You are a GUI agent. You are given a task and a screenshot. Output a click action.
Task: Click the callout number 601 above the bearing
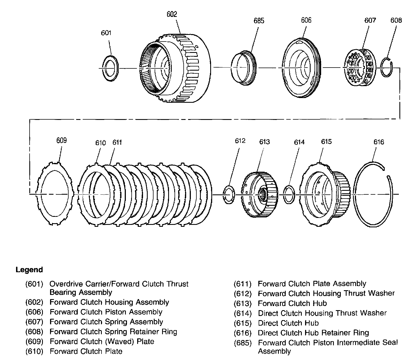(x=106, y=33)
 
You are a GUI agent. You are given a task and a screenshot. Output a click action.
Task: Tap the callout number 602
(x=171, y=14)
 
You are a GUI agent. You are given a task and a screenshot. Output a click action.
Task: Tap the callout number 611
(x=117, y=142)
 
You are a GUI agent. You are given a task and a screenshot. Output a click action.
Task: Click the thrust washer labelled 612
(x=229, y=195)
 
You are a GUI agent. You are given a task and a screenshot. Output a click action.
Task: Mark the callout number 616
(x=379, y=142)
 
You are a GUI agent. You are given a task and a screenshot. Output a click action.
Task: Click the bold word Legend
(x=29, y=270)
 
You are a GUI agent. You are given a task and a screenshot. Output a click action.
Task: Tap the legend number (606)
(x=34, y=312)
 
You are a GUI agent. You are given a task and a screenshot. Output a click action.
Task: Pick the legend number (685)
(x=243, y=343)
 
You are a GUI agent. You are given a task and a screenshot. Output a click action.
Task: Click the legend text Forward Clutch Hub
(x=292, y=304)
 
